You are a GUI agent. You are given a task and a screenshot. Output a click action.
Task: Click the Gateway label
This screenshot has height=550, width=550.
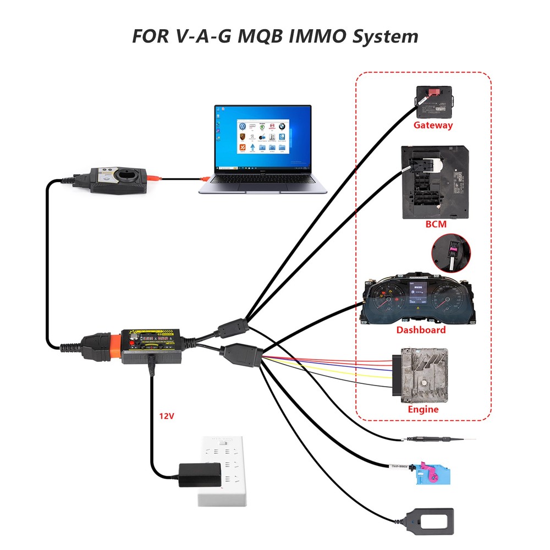pos(433,125)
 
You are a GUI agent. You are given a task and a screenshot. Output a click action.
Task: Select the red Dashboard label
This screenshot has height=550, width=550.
pos(421,330)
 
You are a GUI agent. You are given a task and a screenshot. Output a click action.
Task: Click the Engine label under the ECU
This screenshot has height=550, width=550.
pos(423,410)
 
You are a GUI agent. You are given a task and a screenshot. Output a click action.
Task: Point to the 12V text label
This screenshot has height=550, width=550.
pos(167,417)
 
